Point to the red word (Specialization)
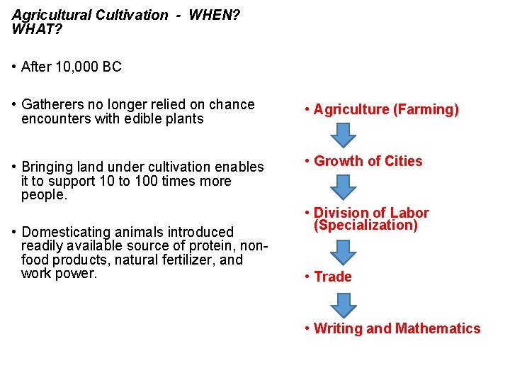point(365,226)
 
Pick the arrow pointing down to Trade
point(344,252)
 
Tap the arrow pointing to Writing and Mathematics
point(344,304)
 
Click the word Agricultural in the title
point(47,15)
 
